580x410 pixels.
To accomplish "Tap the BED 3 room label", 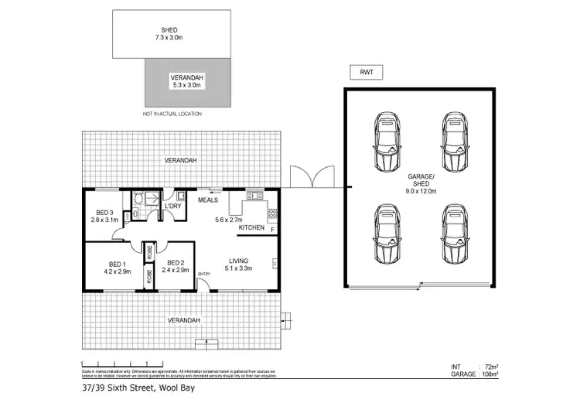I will pos(105,213).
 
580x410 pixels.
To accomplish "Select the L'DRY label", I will pos(172,207).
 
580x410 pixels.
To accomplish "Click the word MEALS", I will pos(208,200).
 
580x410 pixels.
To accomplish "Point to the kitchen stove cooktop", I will pos(271,214).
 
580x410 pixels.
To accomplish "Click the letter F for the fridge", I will pos(271,228).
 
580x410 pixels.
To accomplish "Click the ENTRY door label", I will pos(204,274).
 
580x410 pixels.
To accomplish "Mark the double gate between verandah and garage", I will pos(310,176).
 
